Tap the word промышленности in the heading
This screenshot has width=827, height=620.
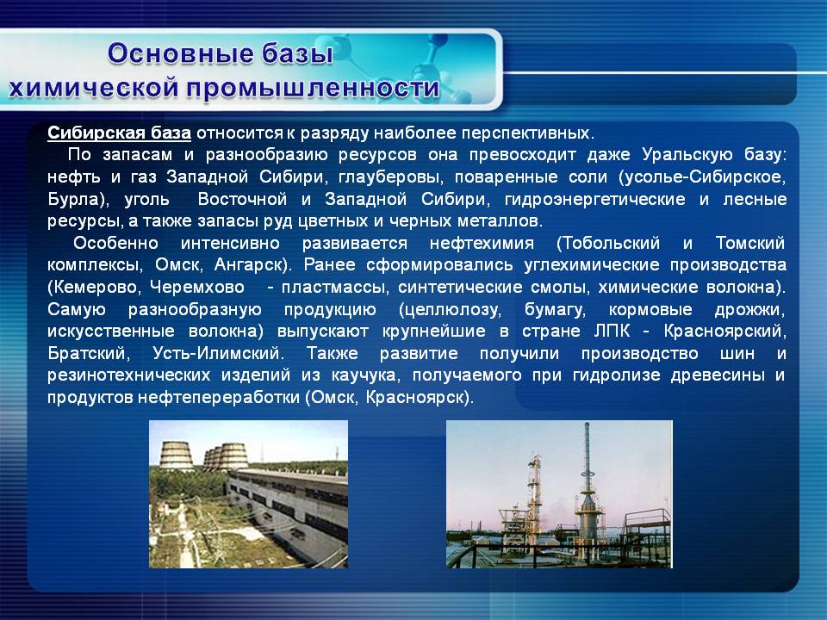[x=314, y=88]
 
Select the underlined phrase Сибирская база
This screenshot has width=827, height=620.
[x=119, y=133]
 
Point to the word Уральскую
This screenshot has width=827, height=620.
[x=687, y=155]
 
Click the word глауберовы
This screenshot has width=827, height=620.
[x=389, y=177]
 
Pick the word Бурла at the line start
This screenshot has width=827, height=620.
[x=73, y=199]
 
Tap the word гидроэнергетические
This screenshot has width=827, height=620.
[x=595, y=199]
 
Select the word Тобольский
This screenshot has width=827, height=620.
[x=608, y=243]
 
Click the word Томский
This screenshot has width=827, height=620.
[x=750, y=243]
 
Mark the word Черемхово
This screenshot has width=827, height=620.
[x=197, y=288]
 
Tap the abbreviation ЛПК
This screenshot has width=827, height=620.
[x=612, y=331]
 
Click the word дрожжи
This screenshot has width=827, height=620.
[x=750, y=309]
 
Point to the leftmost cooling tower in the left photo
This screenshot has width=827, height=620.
[x=176, y=456]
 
